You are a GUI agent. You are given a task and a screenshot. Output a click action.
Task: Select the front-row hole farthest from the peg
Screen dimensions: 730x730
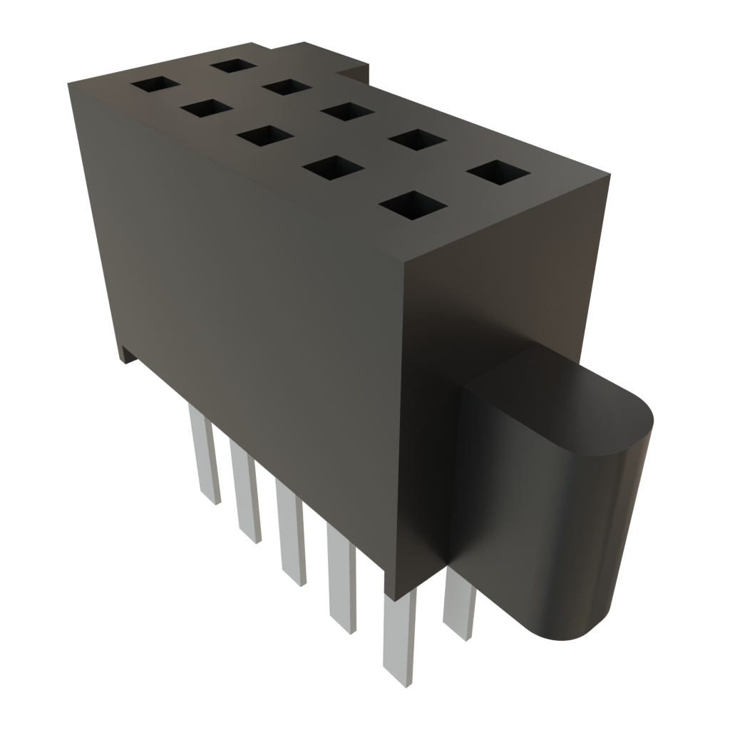(x=155, y=84)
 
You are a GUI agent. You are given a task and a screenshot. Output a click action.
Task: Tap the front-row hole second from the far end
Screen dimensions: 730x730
(x=207, y=108)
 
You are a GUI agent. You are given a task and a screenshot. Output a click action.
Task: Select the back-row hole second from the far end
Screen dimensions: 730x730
(x=287, y=87)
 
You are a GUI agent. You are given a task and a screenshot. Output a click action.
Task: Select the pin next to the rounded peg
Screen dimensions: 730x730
(x=458, y=606)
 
